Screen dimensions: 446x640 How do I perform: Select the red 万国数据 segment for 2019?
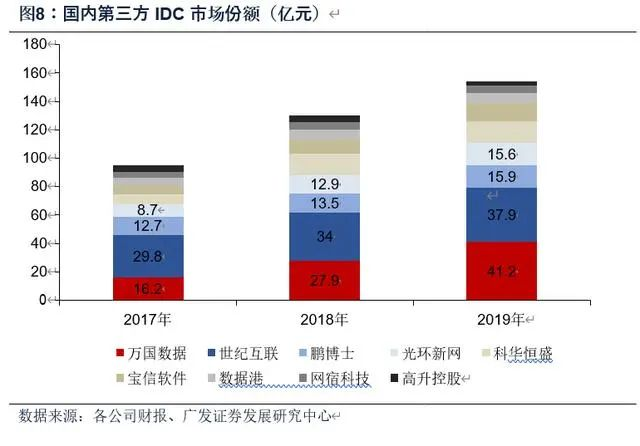coord(501,270)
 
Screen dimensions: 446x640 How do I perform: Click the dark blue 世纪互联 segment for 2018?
coord(324,237)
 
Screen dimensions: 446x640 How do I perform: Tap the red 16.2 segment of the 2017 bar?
coord(148,287)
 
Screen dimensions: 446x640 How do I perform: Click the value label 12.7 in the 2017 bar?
coord(148,226)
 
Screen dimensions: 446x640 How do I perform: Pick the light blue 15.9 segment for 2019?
coord(501,176)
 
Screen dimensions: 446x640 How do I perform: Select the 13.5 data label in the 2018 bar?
coord(324,203)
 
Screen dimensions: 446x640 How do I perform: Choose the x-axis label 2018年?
coord(324,320)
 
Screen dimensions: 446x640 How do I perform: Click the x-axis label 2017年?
coord(148,320)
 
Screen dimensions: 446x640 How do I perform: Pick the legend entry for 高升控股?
coord(435,378)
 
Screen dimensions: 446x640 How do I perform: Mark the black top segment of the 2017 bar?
coord(148,169)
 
